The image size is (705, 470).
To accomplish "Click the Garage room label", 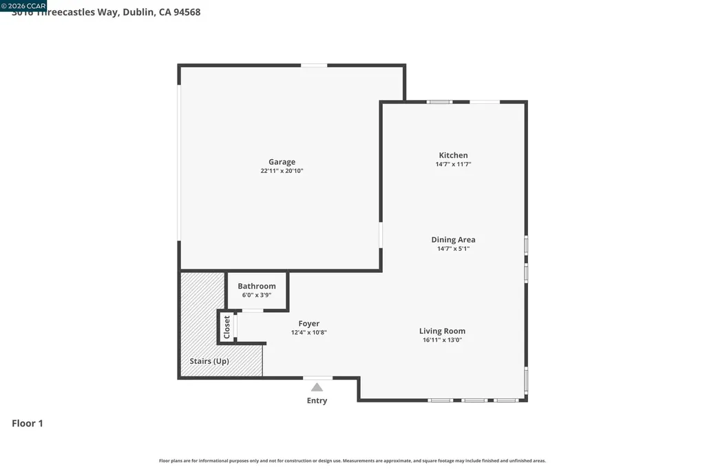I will tap(282, 162).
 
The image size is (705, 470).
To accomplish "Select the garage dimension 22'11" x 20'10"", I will tap(282, 171).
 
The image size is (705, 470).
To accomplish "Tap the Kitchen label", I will tap(453, 155).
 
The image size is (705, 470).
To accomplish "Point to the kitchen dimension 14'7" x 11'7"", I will tap(453, 165).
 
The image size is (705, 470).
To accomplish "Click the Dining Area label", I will tap(453, 240).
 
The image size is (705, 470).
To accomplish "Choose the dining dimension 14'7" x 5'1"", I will tap(453, 249).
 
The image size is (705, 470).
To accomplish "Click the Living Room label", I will tap(443, 331).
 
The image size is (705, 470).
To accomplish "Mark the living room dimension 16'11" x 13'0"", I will tap(441, 340).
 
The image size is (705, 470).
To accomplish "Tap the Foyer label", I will tap(308, 323).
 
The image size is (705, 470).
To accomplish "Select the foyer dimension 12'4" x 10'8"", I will tap(308, 332).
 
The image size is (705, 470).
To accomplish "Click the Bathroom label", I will tap(257, 286).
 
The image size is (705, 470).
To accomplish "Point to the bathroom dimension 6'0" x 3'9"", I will tap(257, 295).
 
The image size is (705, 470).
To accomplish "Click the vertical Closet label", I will tap(227, 327).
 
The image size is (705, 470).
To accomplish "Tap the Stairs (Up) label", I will tap(209, 361).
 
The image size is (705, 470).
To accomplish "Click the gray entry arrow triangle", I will tap(317, 387).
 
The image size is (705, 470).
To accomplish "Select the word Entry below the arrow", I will tap(317, 400).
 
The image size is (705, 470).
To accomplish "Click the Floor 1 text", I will tap(28, 423).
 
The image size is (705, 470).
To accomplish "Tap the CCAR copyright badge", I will tap(23, 6).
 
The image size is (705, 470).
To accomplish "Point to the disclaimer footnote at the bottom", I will tap(352, 460).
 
